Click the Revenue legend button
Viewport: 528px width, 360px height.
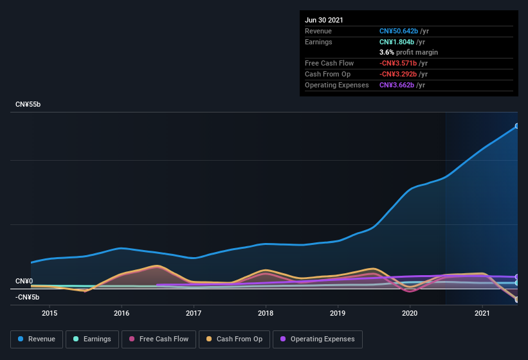37,339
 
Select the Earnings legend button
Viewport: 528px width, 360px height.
93,339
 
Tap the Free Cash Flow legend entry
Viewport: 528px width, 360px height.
159,339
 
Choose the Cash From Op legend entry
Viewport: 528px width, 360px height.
234,339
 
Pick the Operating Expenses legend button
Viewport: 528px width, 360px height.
317,339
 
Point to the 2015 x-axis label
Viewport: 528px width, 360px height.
50,313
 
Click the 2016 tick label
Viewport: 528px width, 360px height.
122,313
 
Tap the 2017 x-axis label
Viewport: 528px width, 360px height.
194,313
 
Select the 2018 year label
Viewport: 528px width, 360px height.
266,313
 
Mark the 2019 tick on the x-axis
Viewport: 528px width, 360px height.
338,313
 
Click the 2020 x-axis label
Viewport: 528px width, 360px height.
410,313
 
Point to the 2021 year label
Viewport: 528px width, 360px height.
482,313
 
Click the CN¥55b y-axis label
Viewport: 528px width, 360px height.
28,104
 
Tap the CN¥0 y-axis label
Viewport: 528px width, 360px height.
24,282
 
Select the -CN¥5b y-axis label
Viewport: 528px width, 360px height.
28,297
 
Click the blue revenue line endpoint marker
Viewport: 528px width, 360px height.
517,126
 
